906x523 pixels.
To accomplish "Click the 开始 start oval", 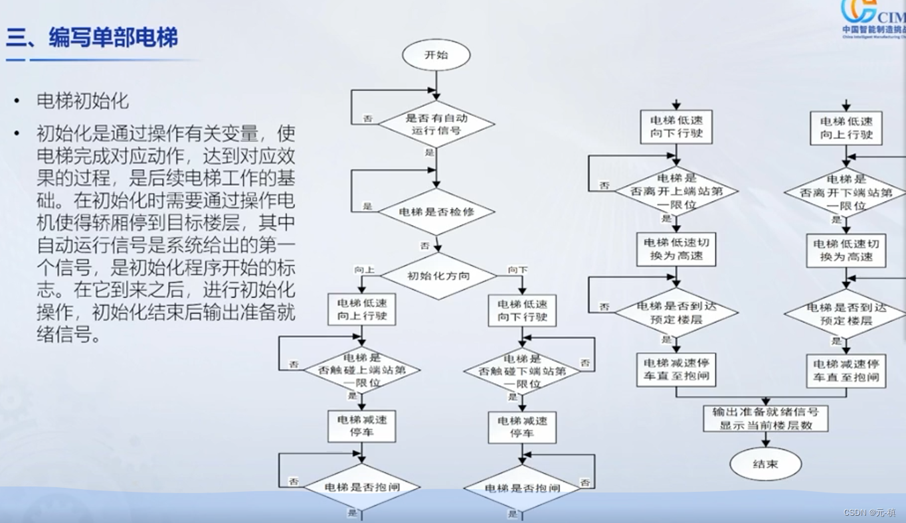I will (x=436, y=56).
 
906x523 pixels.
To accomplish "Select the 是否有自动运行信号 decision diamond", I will (x=436, y=124).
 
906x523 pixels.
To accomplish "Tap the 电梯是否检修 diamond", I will (x=436, y=212).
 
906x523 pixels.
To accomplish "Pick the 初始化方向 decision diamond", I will (x=438, y=275).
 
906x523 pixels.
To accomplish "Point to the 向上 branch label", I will (x=364, y=270).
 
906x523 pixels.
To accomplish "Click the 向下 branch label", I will (x=517, y=270).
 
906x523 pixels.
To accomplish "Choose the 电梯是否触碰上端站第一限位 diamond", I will (x=362, y=371).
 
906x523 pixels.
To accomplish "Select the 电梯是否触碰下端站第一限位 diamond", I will (x=522, y=372).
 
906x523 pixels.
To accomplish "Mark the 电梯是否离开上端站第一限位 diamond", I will (x=676, y=192).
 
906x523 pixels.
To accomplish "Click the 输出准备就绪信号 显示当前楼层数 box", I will (x=766, y=418).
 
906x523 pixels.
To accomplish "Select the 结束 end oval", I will (x=765, y=464).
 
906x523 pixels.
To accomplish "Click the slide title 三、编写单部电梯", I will (x=92, y=37).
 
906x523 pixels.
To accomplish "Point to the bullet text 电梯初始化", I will (x=82, y=101).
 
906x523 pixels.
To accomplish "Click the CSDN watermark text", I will (x=869, y=512).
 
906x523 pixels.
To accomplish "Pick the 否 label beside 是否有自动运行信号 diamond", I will (x=367, y=119).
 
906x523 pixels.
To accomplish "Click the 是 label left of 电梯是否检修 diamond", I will (x=367, y=206).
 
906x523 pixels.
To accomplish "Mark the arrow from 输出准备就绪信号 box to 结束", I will (x=766, y=439).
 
